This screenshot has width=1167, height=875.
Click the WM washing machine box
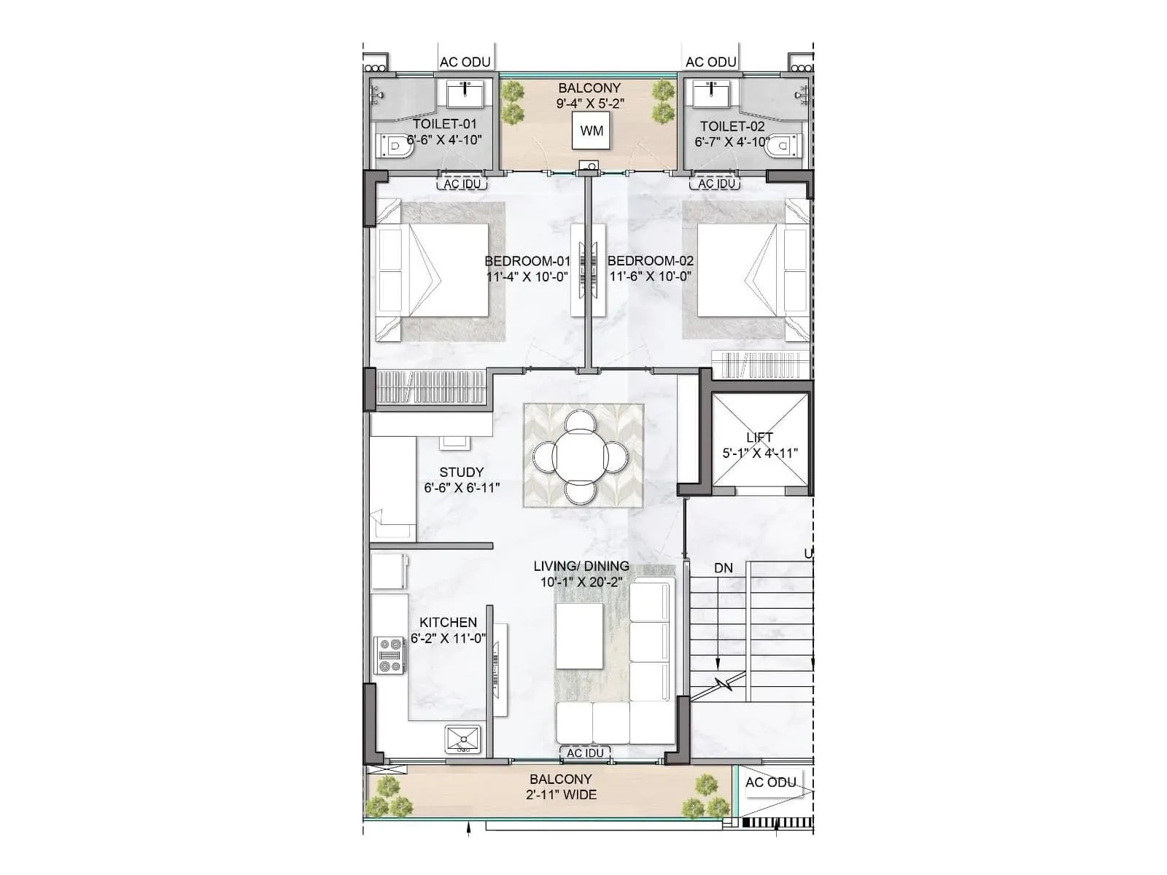[592, 131]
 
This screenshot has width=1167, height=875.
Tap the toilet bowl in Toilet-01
[395, 147]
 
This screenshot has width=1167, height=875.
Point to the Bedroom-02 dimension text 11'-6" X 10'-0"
[650, 276]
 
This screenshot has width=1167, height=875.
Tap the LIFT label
[759, 437]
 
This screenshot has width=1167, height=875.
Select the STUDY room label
[461, 472]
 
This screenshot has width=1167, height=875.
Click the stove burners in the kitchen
[389, 655]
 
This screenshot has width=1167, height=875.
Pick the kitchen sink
[462, 739]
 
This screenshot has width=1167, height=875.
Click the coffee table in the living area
[579, 635]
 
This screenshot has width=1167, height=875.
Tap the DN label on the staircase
[723, 568]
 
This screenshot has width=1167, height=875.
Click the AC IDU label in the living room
[585, 752]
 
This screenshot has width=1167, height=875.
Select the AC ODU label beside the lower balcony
[770, 782]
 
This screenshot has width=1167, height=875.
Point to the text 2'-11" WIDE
[561, 795]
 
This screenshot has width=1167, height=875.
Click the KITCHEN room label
[448, 622]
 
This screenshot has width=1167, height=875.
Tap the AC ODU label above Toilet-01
[465, 62]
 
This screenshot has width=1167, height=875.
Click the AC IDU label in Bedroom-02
[716, 184]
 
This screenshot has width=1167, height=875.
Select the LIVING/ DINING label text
[581, 566]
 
